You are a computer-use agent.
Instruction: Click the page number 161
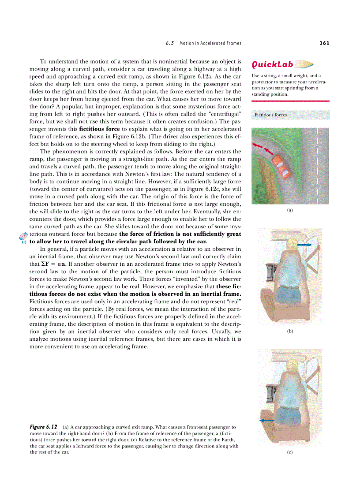point(324,43)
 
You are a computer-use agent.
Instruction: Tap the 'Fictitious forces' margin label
point(270,115)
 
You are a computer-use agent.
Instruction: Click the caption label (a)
point(290,210)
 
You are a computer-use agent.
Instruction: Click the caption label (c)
point(290,452)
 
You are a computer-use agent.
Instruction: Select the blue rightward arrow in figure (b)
point(304,244)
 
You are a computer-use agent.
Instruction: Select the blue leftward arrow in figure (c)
point(267,421)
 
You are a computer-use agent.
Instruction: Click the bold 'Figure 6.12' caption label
point(44,427)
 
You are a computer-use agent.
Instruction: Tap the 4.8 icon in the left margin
point(24,238)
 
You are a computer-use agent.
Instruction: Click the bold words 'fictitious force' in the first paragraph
point(99,129)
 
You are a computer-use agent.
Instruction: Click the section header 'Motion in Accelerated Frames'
point(210,43)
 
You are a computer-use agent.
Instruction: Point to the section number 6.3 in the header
point(170,43)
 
